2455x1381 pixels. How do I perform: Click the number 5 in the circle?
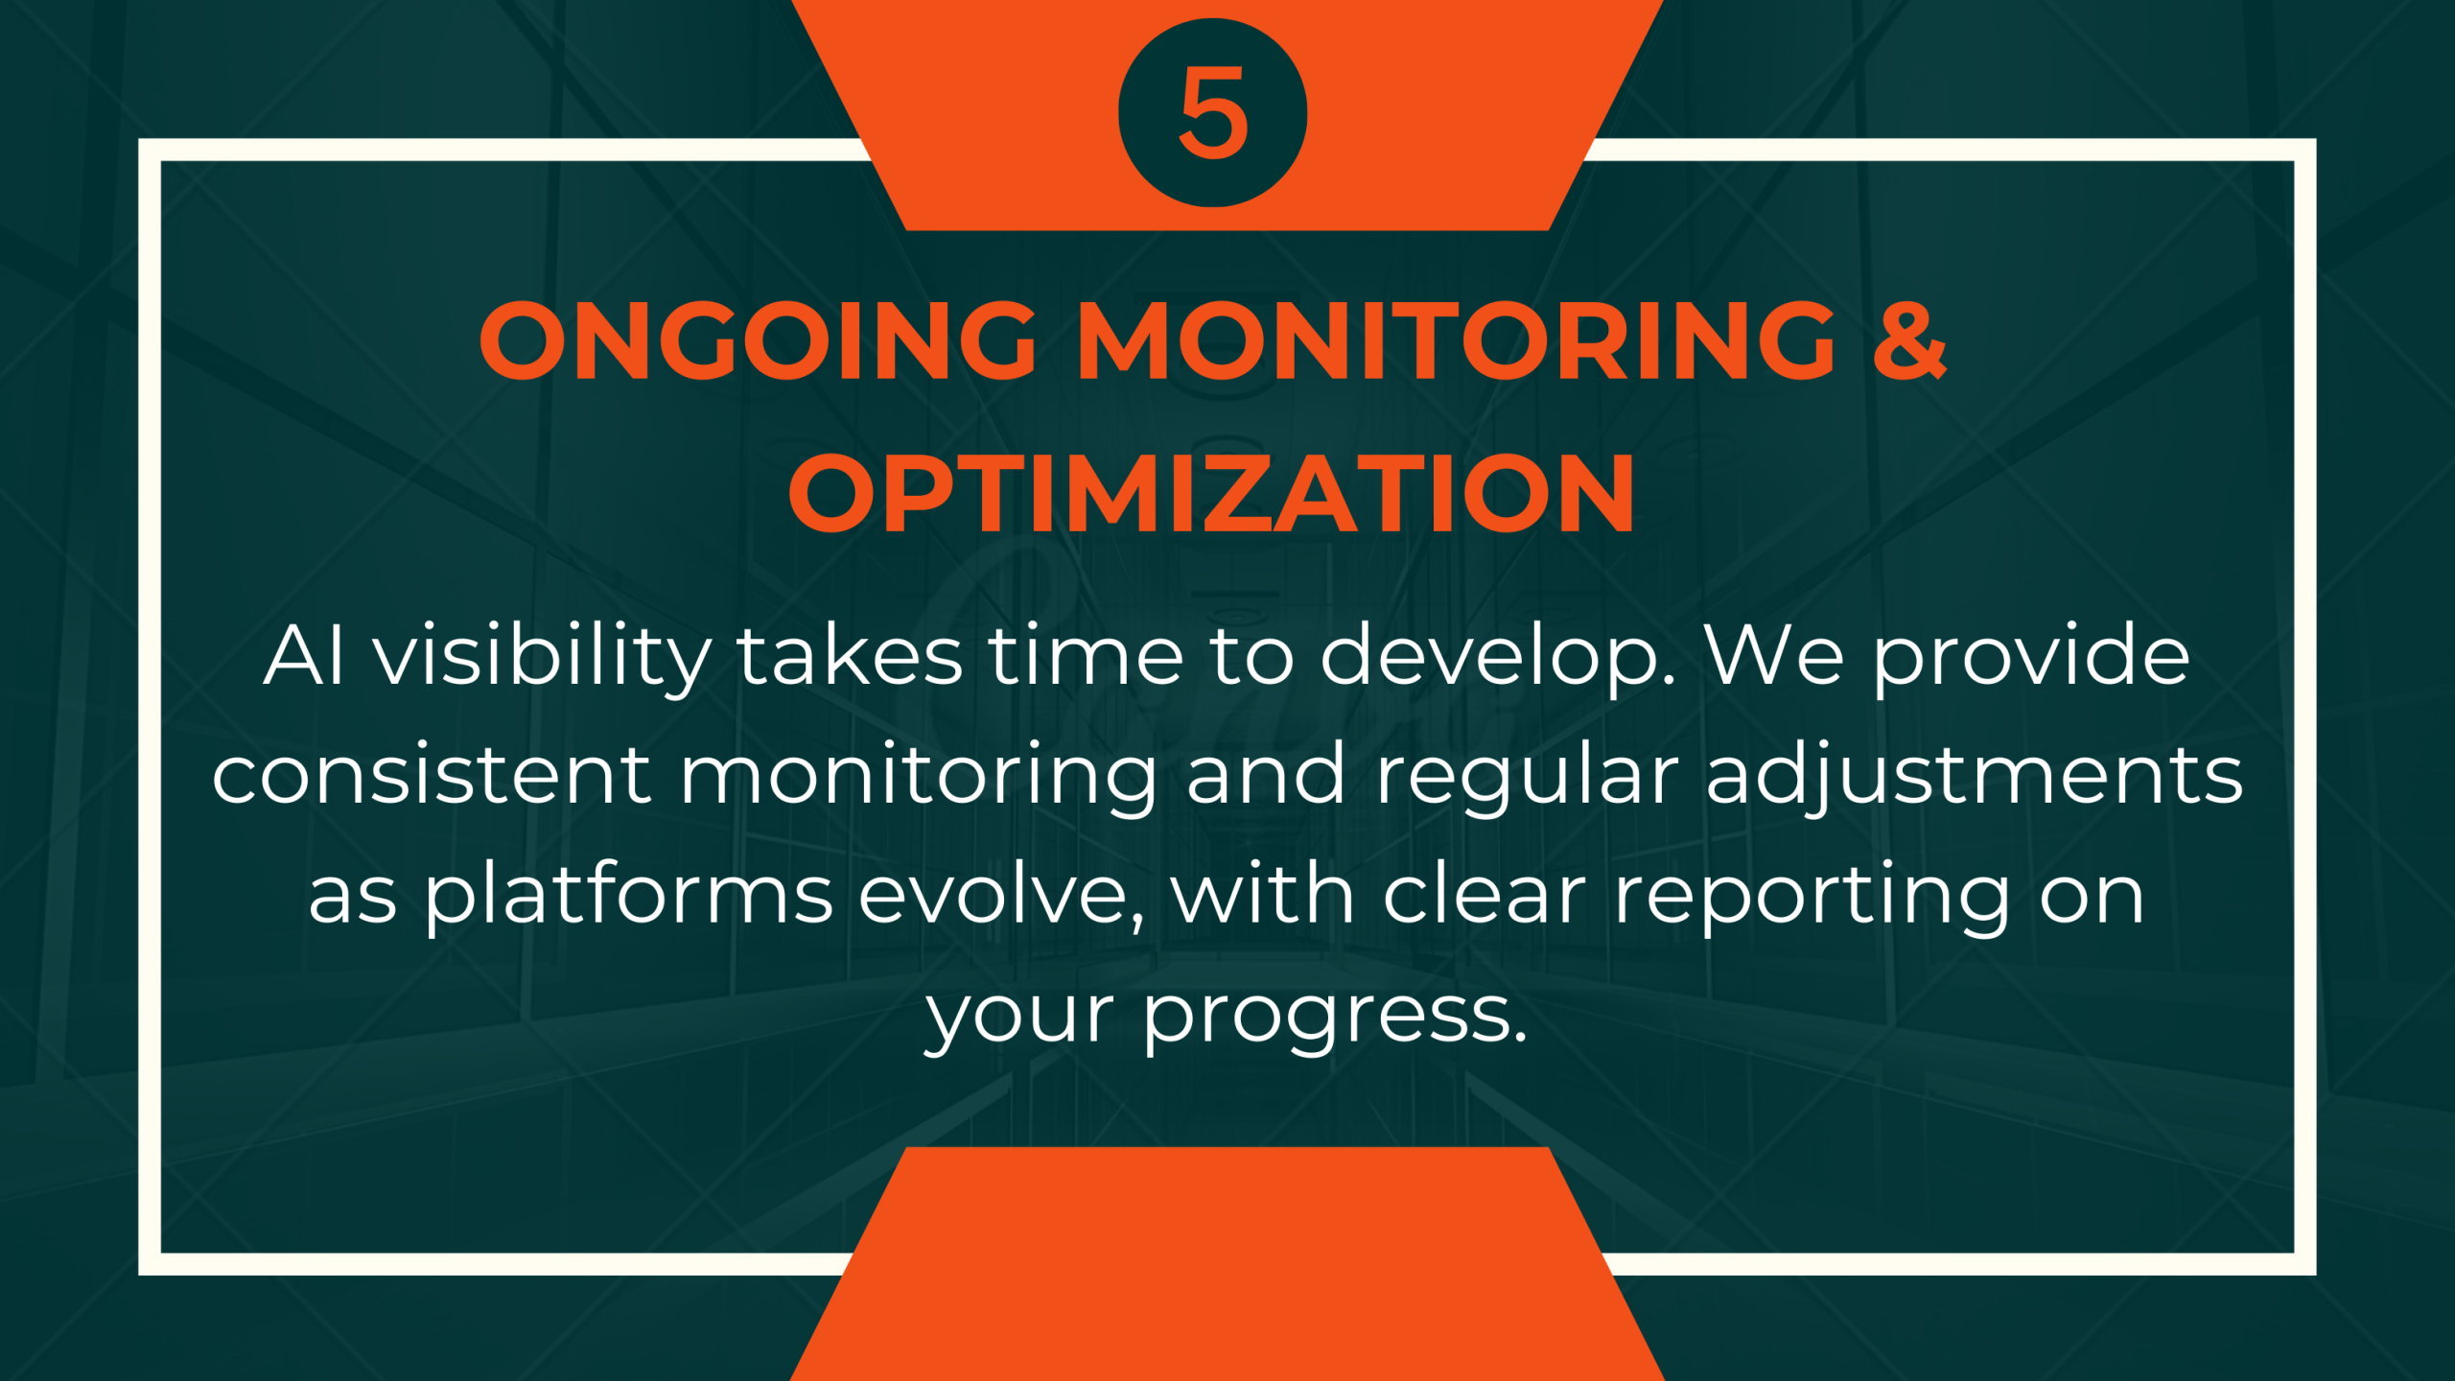1213,113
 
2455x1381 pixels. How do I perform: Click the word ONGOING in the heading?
758,340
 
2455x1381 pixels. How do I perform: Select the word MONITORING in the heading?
1456,340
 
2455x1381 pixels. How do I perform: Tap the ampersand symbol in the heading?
1908,340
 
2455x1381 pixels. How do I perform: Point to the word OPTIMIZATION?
1211,494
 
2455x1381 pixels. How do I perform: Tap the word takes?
850,658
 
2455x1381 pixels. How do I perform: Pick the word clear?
1485,896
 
